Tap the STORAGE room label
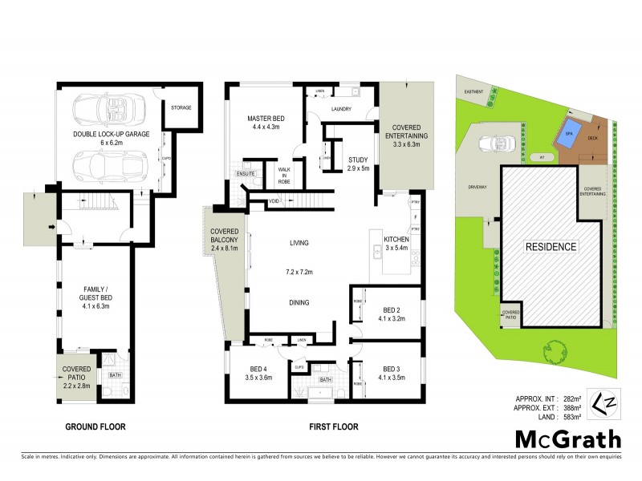pos(181,107)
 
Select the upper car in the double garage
pos(113,108)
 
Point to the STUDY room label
pos(357,159)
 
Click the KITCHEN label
pos(397,240)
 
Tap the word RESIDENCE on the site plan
pos(551,247)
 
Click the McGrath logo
pos(567,439)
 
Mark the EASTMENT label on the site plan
pos(473,91)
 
